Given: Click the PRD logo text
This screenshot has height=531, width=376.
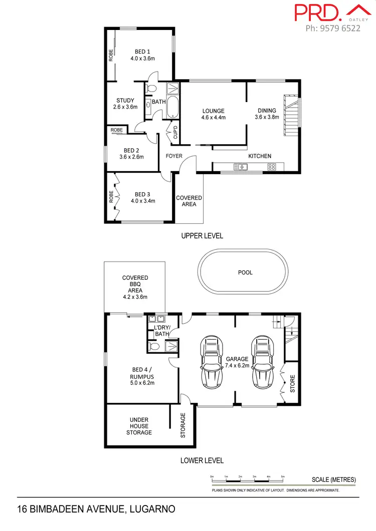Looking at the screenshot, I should click(x=314, y=13).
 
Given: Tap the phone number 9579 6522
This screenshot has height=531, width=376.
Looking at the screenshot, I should click(x=333, y=29).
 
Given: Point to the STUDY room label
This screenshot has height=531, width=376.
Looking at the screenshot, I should click(x=125, y=104).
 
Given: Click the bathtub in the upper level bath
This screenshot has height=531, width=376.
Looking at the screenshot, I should click(x=172, y=107).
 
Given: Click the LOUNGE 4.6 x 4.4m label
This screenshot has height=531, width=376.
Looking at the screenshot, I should click(x=214, y=115).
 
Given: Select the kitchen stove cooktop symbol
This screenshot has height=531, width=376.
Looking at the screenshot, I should click(x=272, y=167).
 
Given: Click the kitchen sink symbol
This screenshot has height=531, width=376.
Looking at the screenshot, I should click(x=240, y=167).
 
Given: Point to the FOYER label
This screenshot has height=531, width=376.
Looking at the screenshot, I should click(x=174, y=156).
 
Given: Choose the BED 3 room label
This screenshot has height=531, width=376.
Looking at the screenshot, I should click(x=142, y=198).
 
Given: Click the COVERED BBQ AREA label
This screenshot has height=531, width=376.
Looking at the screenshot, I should click(x=135, y=287).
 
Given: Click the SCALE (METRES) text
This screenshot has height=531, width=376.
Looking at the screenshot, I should click(x=333, y=479).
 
